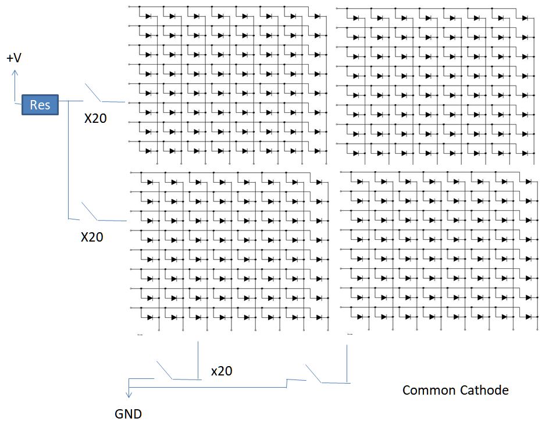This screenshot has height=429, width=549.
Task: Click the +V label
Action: coord(14,58)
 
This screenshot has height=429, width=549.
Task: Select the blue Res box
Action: coord(40,104)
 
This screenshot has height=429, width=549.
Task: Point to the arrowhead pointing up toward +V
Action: coord(15,73)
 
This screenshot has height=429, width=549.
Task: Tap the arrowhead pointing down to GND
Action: coord(129,395)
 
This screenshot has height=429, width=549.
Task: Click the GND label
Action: coord(128,414)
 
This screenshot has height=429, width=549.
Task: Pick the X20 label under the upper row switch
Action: coord(95,119)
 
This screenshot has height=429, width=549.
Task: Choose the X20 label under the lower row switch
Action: coord(92,237)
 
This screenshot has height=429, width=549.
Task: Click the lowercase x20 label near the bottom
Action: coord(222,371)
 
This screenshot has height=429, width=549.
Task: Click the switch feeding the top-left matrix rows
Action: coord(93,93)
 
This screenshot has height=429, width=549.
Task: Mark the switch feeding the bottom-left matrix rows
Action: coord(90,211)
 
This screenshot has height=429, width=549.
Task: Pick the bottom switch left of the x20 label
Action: coord(165,370)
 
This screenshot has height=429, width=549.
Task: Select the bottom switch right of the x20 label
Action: coord(313,374)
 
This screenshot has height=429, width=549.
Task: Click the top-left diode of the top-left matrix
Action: coord(148,16)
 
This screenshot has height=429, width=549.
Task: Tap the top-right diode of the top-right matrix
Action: coord(525,18)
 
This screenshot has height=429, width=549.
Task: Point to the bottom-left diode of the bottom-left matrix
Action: coord(150,317)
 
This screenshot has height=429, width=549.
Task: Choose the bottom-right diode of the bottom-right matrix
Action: coord(528,317)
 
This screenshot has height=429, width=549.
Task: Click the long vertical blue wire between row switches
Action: coord(68,160)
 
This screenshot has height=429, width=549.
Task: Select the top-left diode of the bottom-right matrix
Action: coord(360,181)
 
